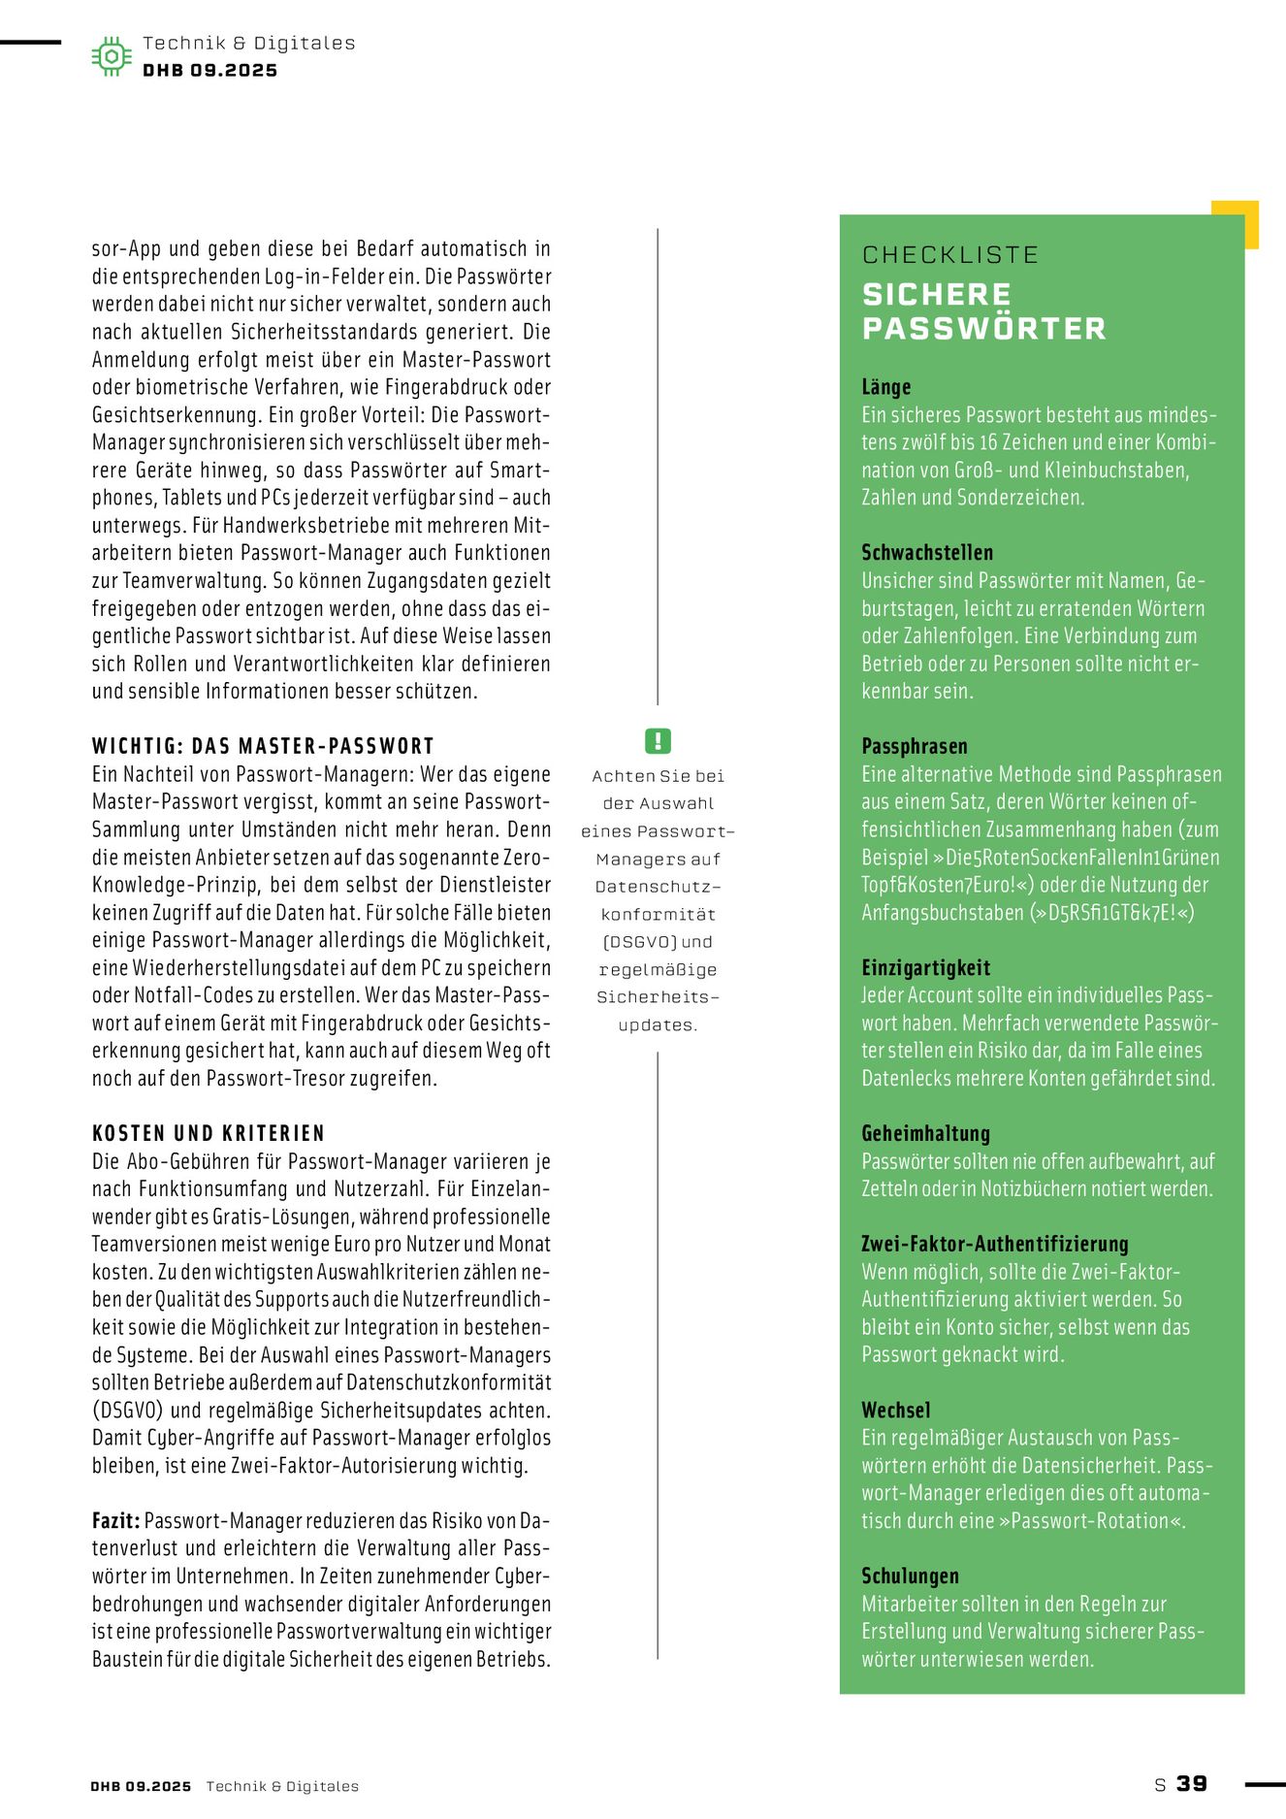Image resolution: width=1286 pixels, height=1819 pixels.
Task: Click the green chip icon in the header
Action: tap(112, 56)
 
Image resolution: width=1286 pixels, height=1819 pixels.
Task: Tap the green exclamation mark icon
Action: tap(658, 741)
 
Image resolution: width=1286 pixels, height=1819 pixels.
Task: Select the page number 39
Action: tap(1192, 1783)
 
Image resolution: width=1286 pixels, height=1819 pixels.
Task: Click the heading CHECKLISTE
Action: tap(949, 255)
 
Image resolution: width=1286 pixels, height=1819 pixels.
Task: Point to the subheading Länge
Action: tap(885, 387)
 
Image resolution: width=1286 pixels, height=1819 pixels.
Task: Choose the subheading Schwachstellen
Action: tap(926, 553)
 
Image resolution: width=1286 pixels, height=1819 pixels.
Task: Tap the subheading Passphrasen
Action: tap(914, 746)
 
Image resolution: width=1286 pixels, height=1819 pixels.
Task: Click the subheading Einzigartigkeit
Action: tap(925, 967)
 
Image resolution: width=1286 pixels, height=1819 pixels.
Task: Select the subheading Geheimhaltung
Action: tap(925, 1133)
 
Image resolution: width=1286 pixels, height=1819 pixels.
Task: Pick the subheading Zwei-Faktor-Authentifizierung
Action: tap(994, 1244)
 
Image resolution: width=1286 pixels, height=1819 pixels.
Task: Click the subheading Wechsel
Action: tap(895, 1410)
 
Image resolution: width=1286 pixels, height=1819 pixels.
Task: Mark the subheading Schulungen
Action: tap(910, 1575)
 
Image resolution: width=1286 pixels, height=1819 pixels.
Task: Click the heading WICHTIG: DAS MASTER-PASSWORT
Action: tap(262, 746)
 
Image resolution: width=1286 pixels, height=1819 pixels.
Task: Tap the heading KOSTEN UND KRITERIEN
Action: tap(208, 1133)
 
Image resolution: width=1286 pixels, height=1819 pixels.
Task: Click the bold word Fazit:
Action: tap(115, 1520)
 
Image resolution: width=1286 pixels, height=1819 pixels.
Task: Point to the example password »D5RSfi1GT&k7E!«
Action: tap(1111, 913)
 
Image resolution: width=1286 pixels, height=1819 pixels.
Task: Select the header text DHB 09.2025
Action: tap(209, 71)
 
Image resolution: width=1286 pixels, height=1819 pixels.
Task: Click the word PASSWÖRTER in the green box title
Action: tap(983, 329)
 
